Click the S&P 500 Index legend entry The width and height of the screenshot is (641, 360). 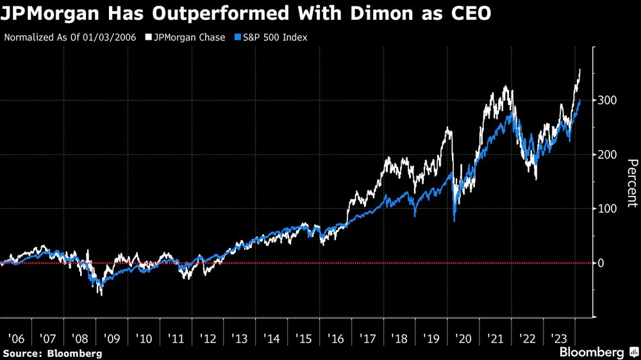274,37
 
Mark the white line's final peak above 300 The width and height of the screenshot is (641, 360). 580,69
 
